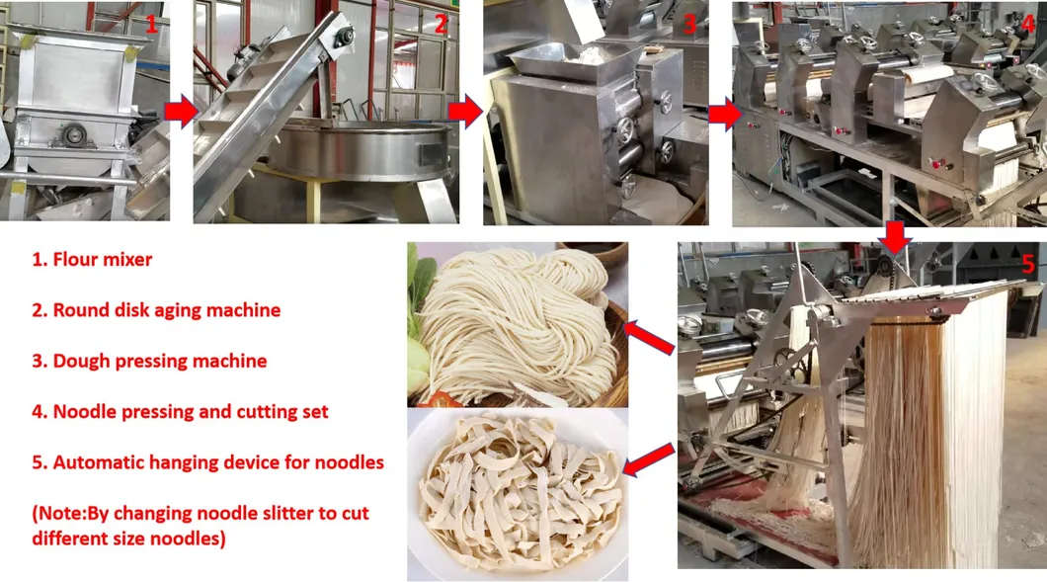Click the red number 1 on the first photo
pyautogui.click(x=151, y=24)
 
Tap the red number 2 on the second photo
pyautogui.click(x=441, y=24)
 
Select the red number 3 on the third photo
pyautogui.click(x=689, y=25)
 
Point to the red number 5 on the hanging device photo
pyautogui.click(x=1028, y=265)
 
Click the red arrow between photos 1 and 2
pyautogui.click(x=181, y=111)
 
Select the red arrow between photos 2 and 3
pyautogui.click(x=465, y=111)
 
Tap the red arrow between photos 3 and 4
pyautogui.click(x=725, y=115)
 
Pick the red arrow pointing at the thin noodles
pyautogui.click(x=648, y=337)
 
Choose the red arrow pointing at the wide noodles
pyautogui.click(x=648, y=459)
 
